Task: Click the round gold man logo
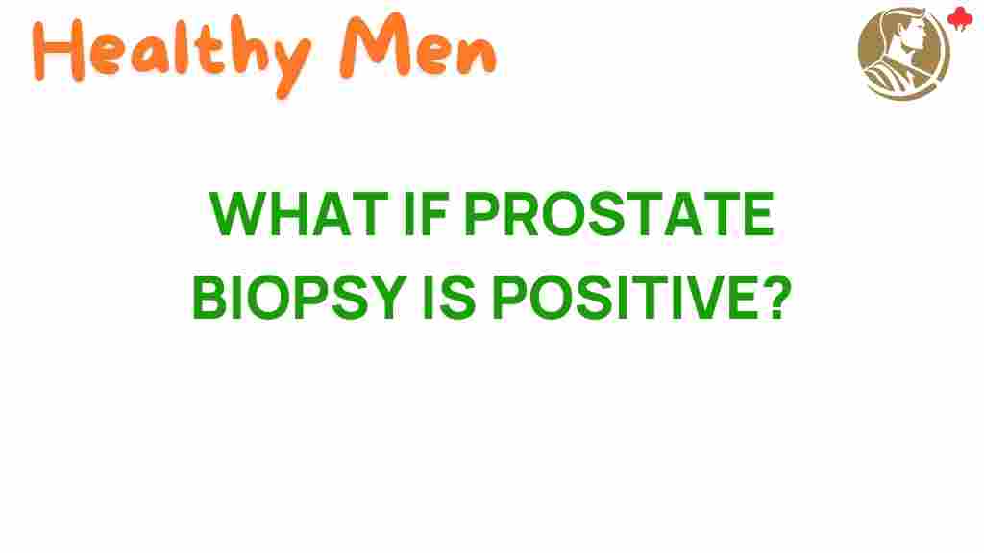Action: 903,53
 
